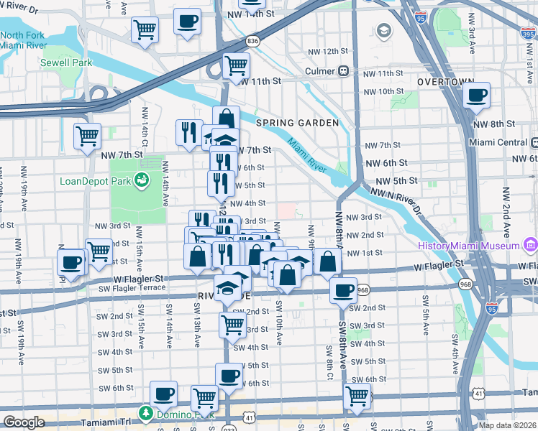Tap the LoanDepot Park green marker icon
coord(142,180)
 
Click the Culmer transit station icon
coord(345,71)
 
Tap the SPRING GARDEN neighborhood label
coord(297,123)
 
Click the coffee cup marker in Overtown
coord(476,95)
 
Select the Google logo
coord(24,422)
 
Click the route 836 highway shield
coord(252,42)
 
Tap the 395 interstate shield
coord(529,33)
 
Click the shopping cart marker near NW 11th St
coord(236,65)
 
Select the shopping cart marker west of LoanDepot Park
coord(87,134)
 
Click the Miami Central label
coord(498,142)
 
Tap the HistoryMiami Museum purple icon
coord(531,246)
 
